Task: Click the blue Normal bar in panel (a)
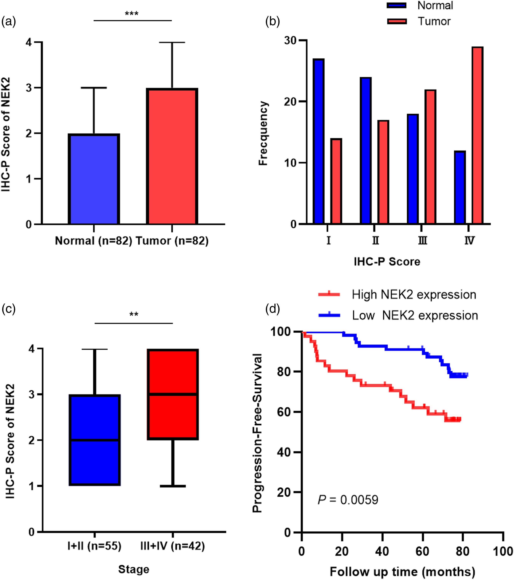(x=94, y=179)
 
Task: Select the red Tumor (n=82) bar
(x=172, y=156)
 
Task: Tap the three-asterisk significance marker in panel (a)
(x=132, y=14)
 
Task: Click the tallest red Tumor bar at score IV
(x=478, y=135)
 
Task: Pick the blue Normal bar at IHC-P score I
(x=319, y=141)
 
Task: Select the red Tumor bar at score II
(x=383, y=172)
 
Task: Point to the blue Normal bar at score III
(x=413, y=169)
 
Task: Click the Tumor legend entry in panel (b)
(x=419, y=21)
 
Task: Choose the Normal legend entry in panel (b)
(x=420, y=5)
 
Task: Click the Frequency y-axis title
(x=263, y=133)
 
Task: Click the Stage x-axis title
(x=134, y=569)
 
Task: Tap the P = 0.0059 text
(x=348, y=500)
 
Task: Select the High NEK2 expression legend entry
(x=397, y=295)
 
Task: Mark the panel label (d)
(x=272, y=308)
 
